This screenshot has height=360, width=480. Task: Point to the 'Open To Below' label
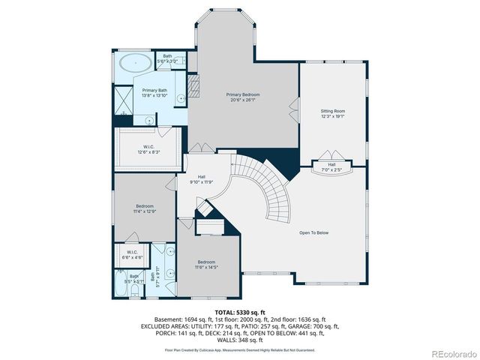pyautogui.click(x=314, y=232)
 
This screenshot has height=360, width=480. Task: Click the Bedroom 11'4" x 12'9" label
pyautogui.click(x=145, y=208)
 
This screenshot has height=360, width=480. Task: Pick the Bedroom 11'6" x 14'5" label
pyautogui.click(x=206, y=265)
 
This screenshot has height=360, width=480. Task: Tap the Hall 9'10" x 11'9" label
pyautogui.click(x=202, y=179)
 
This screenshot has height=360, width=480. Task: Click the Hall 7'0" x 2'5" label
pyautogui.click(x=331, y=167)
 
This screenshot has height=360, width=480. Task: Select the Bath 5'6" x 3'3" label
pyautogui.click(x=168, y=58)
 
